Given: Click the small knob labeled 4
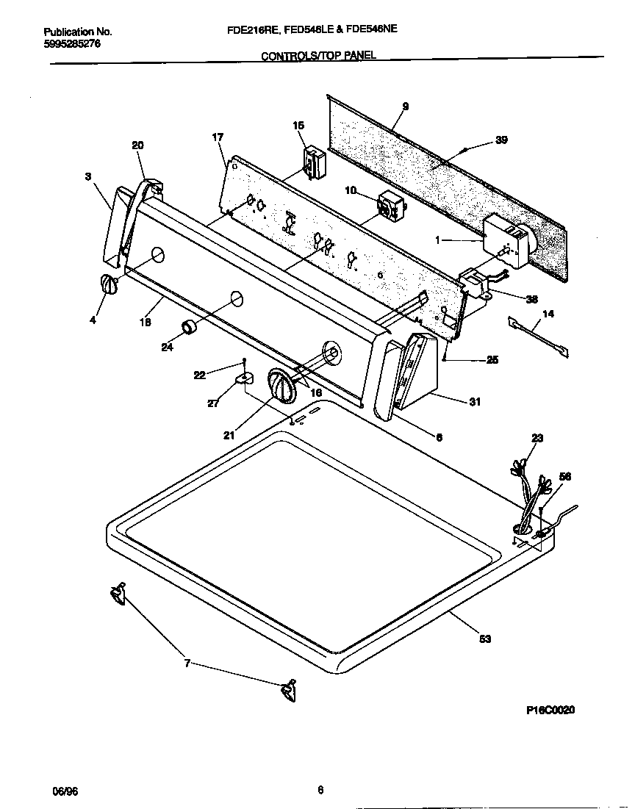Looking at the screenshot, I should click(x=108, y=285).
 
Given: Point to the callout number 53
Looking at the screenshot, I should click(x=484, y=639).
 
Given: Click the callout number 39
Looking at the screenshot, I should click(x=501, y=140).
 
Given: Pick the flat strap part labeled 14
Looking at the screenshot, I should click(x=537, y=334).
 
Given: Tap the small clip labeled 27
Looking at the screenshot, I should click(x=243, y=379).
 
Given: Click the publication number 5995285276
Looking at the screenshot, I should click(x=72, y=44).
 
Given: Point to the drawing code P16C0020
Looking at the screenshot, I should click(x=550, y=710).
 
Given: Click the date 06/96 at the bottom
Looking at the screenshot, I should click(x=65, y=791).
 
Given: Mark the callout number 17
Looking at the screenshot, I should click(x=218, y=137).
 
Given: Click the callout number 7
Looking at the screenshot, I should click(x=187, y=664).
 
